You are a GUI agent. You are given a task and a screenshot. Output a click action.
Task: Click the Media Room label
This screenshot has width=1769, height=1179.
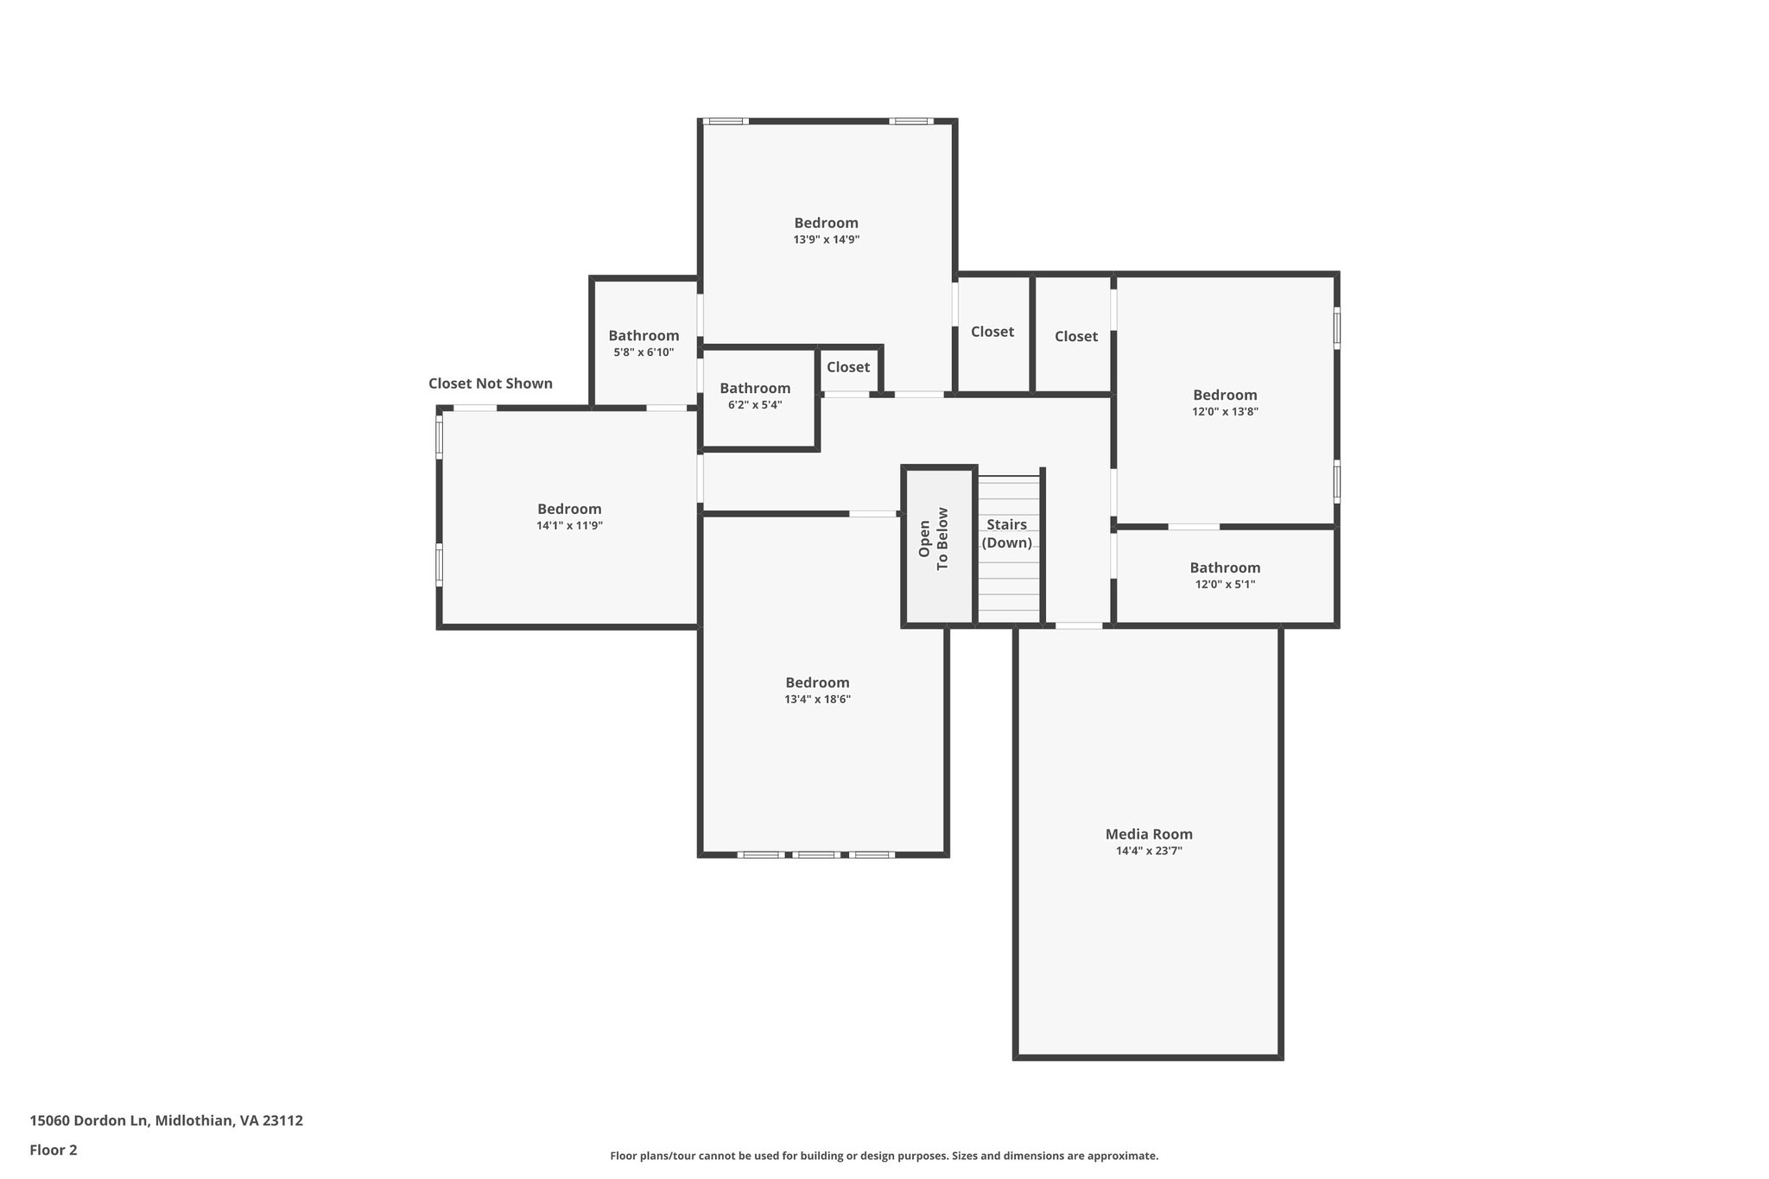click(1149, 834)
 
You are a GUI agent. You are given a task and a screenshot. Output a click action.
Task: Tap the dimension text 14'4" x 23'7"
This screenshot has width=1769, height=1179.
click(1149, 851)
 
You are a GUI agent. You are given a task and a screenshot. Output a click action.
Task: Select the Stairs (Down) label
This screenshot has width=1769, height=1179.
click(1007, 534)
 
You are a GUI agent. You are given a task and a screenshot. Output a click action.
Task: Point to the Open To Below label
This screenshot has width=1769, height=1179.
click(934, 538)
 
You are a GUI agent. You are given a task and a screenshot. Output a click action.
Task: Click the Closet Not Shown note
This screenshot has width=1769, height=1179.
click(491, 383)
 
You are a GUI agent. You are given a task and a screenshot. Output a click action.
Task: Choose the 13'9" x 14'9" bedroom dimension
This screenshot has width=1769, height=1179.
click(827, 240)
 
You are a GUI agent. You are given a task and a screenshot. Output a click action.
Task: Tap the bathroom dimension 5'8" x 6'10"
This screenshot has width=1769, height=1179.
click(644, 352)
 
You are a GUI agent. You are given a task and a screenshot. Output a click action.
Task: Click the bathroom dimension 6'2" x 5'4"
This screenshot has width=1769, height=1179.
click(755, 405)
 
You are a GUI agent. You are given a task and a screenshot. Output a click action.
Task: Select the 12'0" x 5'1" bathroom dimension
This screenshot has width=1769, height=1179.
click(1225, 585)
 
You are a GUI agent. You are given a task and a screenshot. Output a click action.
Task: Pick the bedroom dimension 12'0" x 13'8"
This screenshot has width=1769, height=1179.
click(1225, 412)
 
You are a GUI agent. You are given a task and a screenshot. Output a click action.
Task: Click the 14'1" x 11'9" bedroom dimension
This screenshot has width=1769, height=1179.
click(569, 526)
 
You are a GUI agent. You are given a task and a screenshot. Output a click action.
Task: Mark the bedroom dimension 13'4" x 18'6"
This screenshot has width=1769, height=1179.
click(817, 700)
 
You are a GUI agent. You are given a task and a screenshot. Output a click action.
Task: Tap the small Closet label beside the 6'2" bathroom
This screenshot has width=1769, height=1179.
click(848, 367)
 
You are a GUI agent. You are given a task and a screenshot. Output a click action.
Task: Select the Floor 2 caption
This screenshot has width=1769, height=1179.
click(54, 1150)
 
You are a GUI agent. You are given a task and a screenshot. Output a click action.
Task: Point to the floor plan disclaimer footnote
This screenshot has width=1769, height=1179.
click(884, 1156)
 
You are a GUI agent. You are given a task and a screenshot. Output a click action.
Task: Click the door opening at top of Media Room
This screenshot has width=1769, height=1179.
click(1079, 625)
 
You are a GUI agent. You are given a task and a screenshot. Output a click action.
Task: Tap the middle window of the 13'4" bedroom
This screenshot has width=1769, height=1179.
click(815, 855)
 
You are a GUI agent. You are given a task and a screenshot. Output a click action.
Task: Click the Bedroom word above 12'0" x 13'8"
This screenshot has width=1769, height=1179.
click(1225, 396)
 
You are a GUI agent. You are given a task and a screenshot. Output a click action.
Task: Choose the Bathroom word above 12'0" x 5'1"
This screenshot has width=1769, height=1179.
click(1225, 567)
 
